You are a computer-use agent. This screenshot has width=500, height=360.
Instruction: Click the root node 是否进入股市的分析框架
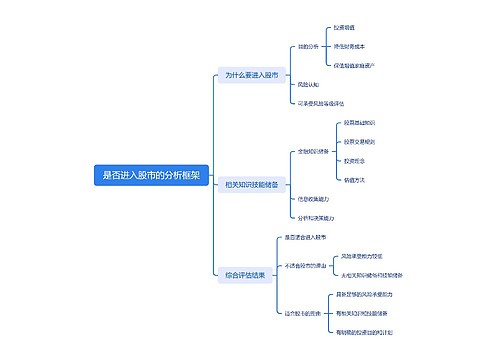click(151, 174)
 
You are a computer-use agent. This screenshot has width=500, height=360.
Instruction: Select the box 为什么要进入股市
click(251, 75)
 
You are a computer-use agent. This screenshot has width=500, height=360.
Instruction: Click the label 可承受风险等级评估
click(321, 102)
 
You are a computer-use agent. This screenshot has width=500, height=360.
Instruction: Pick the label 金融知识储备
click(313, 152)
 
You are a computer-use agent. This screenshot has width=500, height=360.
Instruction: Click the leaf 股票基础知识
click(360, 123)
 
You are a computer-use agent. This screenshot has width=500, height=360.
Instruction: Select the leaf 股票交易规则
click(360, 142)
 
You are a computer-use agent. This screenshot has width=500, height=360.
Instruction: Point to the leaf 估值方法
click(354, 180)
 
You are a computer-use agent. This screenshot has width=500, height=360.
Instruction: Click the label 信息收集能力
click(314, 198)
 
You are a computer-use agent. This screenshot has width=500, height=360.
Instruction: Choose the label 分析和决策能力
click(316, 217)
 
